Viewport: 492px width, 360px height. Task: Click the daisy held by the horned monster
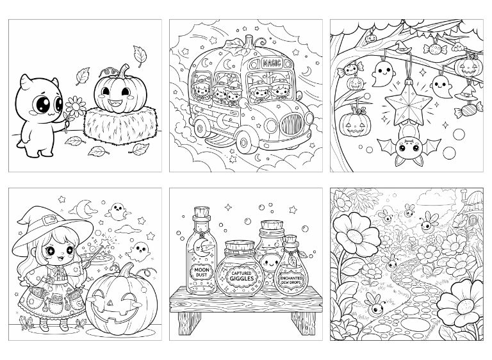click(76, 107)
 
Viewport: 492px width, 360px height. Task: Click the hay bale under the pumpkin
click(121, 125)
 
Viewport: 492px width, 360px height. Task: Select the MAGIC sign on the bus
click(272, 63)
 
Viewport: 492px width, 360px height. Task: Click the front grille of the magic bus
click(291, 124)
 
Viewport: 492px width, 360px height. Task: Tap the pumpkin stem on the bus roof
click(249, 42)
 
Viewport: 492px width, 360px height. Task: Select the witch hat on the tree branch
click(402, 47)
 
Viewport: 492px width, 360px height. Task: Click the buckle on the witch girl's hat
click(48, 220)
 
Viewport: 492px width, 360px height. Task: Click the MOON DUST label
click(201, 272)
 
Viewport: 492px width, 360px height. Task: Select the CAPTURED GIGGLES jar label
click(242, 276)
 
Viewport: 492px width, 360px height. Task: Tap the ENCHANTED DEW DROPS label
click(291, 280)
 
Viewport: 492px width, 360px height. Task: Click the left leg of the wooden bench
click(189, 323)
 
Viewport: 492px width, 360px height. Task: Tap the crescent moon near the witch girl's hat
click(82, 209)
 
